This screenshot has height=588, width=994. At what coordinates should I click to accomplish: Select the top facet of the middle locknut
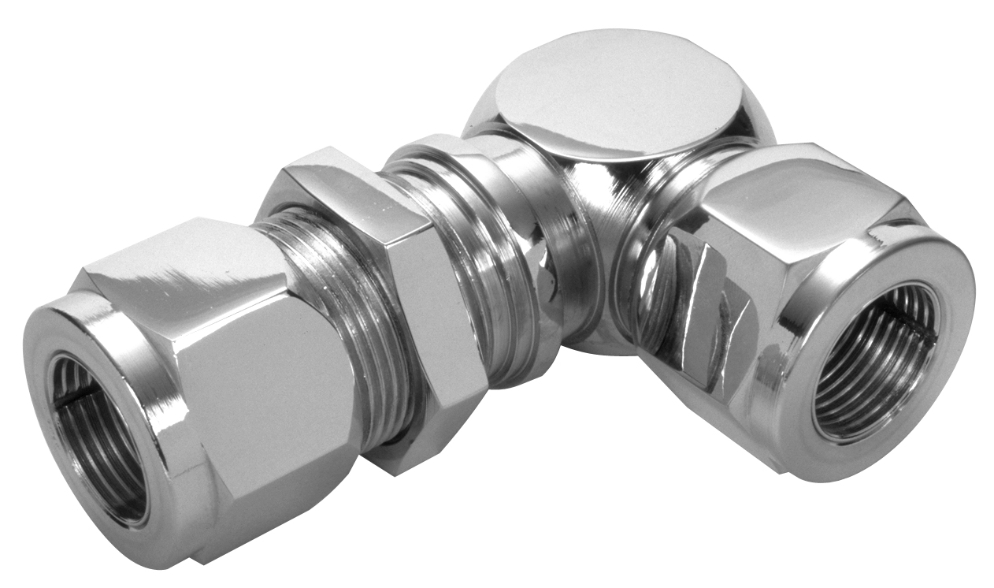point(339,189)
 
